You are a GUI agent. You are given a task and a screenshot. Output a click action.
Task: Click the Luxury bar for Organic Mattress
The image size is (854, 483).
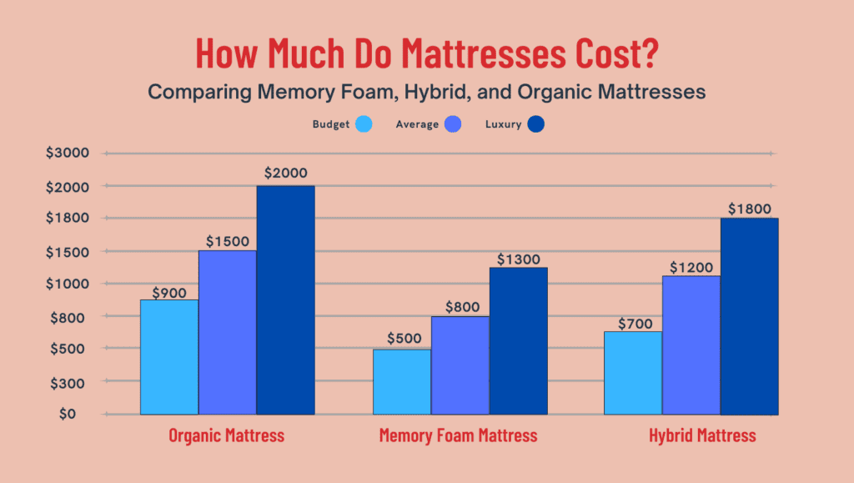[x=285, y=299]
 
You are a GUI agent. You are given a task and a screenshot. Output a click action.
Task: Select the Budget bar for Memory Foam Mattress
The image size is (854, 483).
[x=402, y=381]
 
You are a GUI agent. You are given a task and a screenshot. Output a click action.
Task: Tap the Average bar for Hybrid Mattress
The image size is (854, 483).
[x=691, y=345]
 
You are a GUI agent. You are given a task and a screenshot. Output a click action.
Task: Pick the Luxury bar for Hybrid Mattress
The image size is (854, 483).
[x=749, y=316]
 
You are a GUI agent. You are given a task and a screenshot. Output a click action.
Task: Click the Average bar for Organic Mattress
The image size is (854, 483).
[x=227, y=332]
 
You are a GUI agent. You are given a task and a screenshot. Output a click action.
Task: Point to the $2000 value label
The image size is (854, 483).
[x=285, y=174]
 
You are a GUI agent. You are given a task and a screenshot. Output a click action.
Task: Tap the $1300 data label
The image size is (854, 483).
[x=518, y=259]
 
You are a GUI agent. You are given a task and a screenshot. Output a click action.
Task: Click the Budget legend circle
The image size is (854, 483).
[x=363, y=124]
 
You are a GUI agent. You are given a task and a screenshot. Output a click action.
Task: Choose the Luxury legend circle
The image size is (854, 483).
[x=536, y=124]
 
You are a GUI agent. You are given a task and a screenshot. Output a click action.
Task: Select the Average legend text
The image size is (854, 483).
[x=417, y=125]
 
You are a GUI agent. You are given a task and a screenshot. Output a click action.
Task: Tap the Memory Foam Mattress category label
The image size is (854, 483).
[x=458, y=435]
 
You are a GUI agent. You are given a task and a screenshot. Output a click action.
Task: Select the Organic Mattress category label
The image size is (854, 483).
[x=226, y=435]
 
